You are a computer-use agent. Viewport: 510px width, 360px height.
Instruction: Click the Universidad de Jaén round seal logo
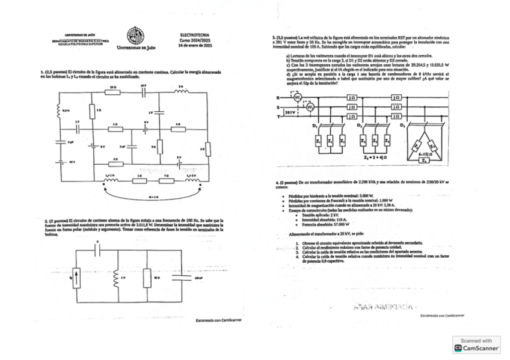point(135,35)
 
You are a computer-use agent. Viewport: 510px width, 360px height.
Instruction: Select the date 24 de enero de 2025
point(195,46)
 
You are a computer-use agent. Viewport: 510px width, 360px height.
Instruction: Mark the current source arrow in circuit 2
point(76,278)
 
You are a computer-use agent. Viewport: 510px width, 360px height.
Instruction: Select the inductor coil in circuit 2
point(115,278)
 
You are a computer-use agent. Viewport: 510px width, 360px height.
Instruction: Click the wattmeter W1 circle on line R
point(297,97)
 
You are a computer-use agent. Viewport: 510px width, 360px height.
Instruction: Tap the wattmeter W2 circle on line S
point(310,107)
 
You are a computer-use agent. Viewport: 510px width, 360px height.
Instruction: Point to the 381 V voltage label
point(290,112)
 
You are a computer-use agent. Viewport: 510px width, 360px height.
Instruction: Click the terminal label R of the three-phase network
point(278,97)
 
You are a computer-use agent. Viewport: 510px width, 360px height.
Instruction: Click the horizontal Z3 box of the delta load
point(425,160)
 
